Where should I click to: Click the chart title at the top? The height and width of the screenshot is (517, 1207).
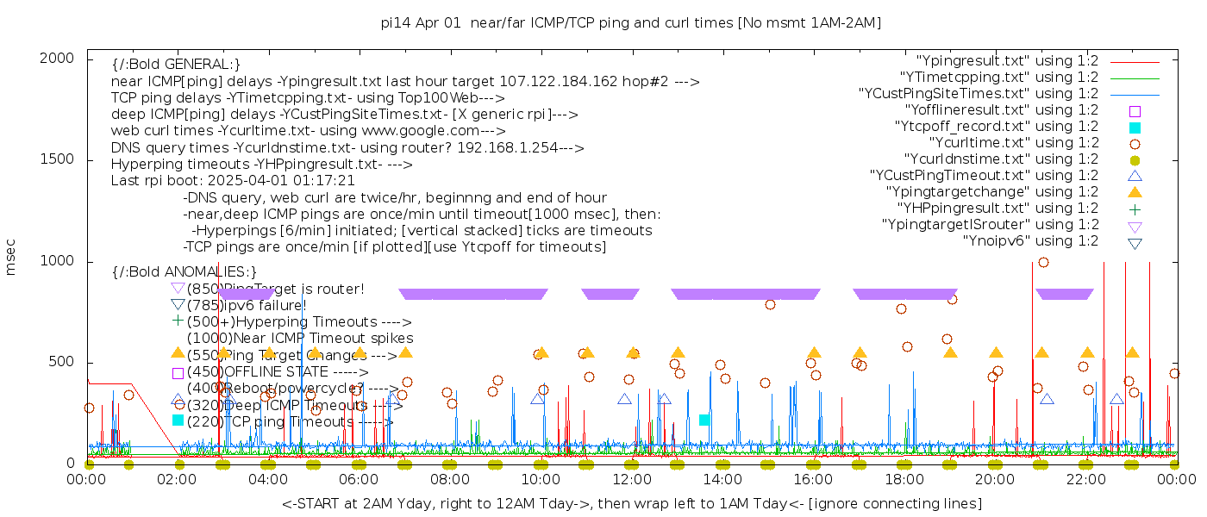pyautogui.click(x=630, y=23)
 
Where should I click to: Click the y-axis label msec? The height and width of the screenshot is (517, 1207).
pyautogui.click(x=11, y=259)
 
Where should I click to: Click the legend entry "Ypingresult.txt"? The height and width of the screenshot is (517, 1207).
pyautogui.click(x=1007, y=61)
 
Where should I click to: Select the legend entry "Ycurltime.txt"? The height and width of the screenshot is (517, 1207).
pyautogui.click(x=1014, y=143)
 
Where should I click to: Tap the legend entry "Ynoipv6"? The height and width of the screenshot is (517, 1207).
pyautogui.click(x=1030, y=241)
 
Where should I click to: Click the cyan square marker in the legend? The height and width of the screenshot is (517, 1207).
pyautogui.click(x=1135, y=127)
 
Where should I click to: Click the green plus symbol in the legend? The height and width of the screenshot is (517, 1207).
pyautogui.click(x=1135, y=209)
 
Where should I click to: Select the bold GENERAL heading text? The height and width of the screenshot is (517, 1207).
pyautogui.click(x=176, y=65)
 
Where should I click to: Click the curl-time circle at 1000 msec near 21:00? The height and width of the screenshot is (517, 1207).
pyautogui.click(x=1043, y=262)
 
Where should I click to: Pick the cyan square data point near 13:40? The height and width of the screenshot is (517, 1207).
pyautogui.click(x=704, y=420)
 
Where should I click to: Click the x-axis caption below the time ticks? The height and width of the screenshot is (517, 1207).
pyautogui.click(x=631, y=503)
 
